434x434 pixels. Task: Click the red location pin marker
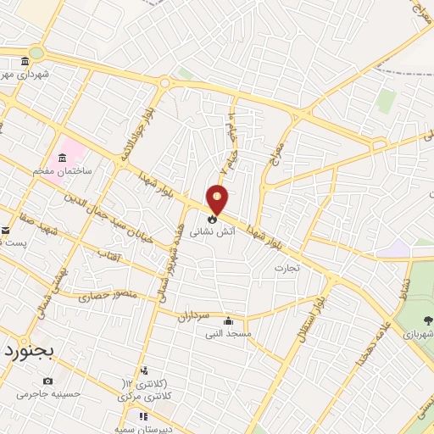click(218, 199)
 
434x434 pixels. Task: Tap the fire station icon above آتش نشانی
click(212, 218)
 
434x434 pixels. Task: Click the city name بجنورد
click(26, 349)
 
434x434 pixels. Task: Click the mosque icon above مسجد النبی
click(229, 321)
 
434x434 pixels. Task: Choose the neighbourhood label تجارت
click(287, 268)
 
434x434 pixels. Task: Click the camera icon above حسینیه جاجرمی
click(47, 381)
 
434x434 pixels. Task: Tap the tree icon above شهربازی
click(426, 320)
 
